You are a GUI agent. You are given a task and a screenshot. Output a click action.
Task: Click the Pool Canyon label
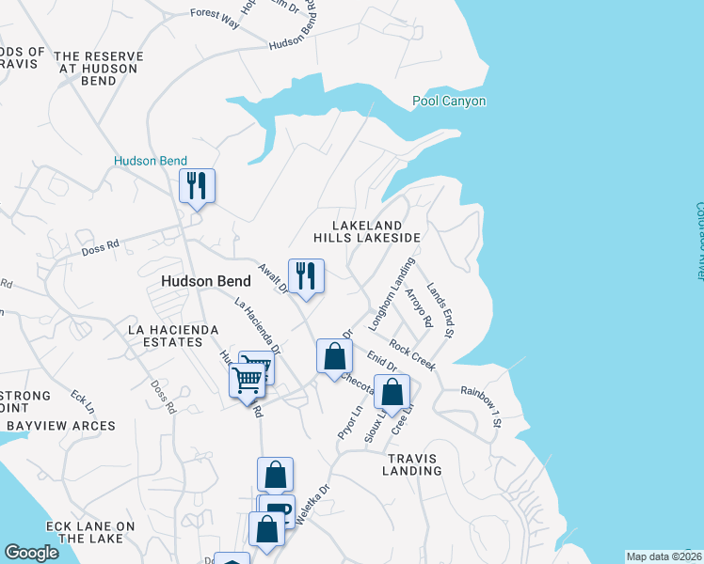[x=449, y=102]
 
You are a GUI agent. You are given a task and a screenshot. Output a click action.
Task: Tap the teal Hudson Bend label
[x=151, y=161]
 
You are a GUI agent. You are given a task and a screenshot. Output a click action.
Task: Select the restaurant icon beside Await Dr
[x=306, y=276]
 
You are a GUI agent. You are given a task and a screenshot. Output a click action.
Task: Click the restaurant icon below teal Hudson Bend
[x=198, y=185]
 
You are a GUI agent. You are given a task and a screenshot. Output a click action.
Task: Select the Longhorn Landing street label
[x=392, y=292]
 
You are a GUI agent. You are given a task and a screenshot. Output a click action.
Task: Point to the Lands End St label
[x=440, y=310]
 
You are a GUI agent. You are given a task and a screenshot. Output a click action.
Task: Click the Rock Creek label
[x=412, y=355]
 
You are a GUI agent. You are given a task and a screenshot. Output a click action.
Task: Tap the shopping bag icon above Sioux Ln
[x=392, y=392]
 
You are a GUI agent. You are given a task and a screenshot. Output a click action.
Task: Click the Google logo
[x=31, y=553]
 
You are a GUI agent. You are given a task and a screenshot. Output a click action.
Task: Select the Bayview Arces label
[x=60, y=426]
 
